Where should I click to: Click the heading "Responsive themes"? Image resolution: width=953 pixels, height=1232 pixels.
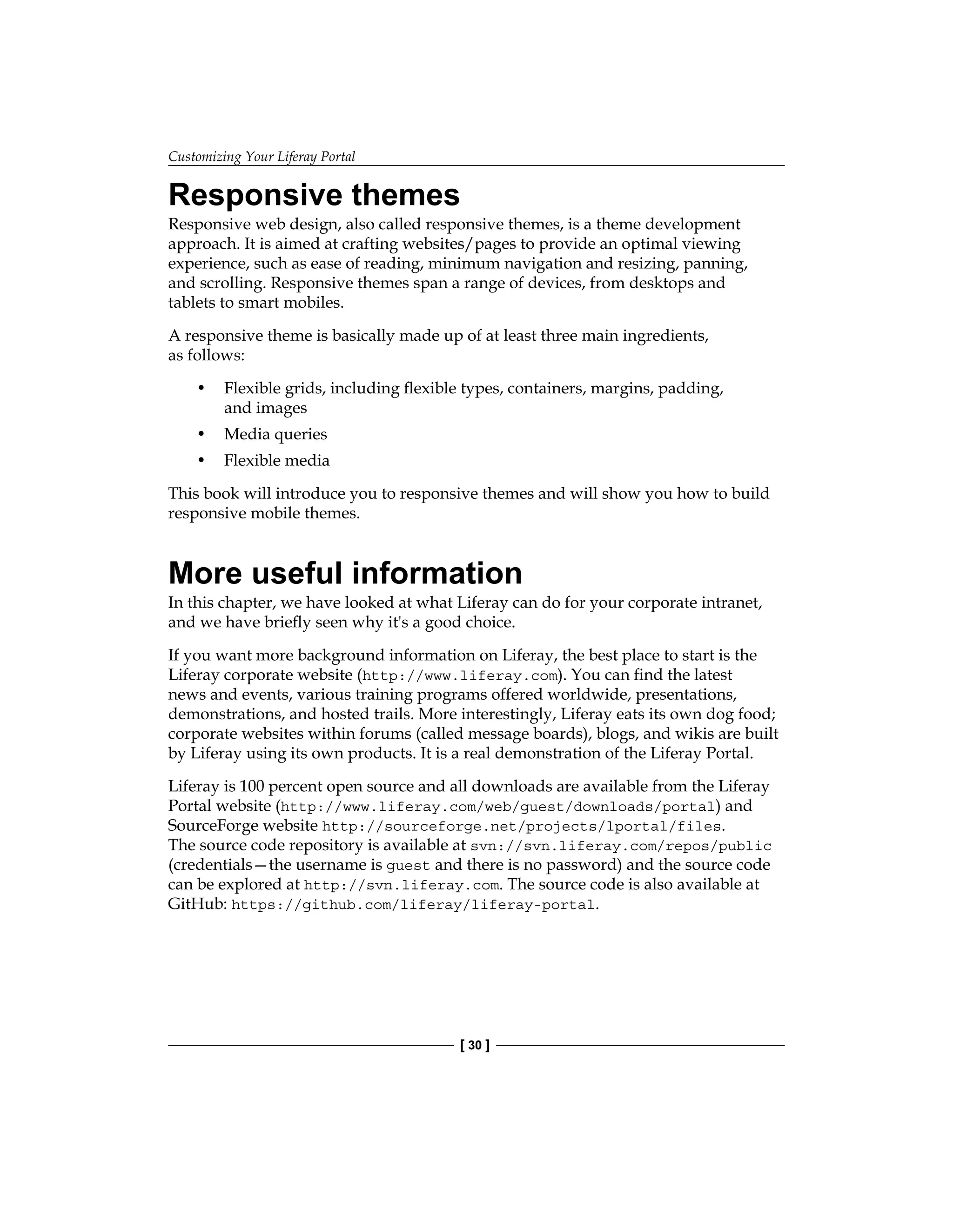[x=314, y=195]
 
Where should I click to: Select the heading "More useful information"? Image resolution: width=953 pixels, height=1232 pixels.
[x=345, y=573]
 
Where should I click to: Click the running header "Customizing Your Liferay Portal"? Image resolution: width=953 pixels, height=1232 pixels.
[x=262, y=157]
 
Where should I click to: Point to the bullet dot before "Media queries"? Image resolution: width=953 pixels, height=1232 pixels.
[x=201, y=434]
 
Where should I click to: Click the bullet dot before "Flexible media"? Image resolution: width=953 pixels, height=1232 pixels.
[x=201, y=461]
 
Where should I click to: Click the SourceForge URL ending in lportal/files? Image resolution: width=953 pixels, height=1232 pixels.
[x=522, y=827]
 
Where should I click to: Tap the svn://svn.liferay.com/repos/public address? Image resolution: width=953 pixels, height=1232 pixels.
[x=620, y=846]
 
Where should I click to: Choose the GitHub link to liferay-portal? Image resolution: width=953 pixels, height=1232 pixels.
[x=413, y=905]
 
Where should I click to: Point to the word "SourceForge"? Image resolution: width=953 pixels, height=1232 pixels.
[x=214, y=826]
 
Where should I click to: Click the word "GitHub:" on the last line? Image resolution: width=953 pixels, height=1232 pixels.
[x=198, y=905]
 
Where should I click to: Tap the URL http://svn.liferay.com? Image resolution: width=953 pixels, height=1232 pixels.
[x=402, y=886]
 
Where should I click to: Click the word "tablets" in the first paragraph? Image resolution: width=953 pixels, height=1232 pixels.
[x=190, y=303]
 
